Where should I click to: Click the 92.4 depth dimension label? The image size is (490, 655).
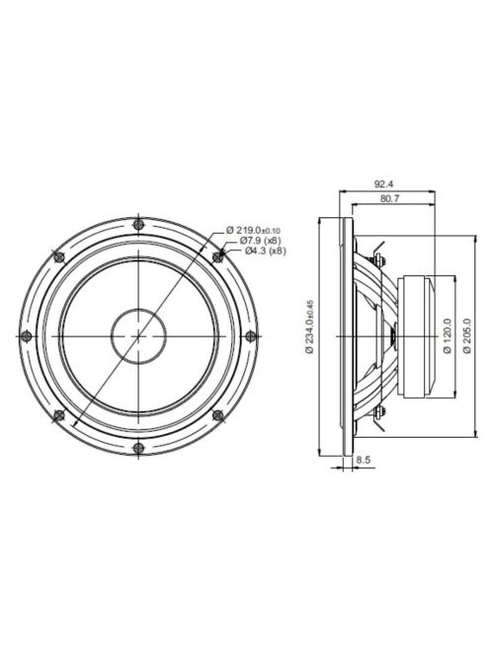click(385, 184)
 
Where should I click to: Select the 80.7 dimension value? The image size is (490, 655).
click(389, 199)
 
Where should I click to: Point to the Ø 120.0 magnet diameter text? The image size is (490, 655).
click(447, 335)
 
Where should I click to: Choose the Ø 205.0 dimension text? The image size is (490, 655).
click(467, 335)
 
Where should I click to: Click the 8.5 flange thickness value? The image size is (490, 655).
click(364, 460)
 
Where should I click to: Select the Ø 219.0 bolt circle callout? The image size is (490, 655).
click(258, 230)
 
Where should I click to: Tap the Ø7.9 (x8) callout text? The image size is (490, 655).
click(256, 241)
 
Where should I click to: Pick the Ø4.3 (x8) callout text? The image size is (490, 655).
click(260, 252)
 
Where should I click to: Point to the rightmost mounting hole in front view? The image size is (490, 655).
click(249, 336)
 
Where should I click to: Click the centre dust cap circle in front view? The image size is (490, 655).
click(137, 336)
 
